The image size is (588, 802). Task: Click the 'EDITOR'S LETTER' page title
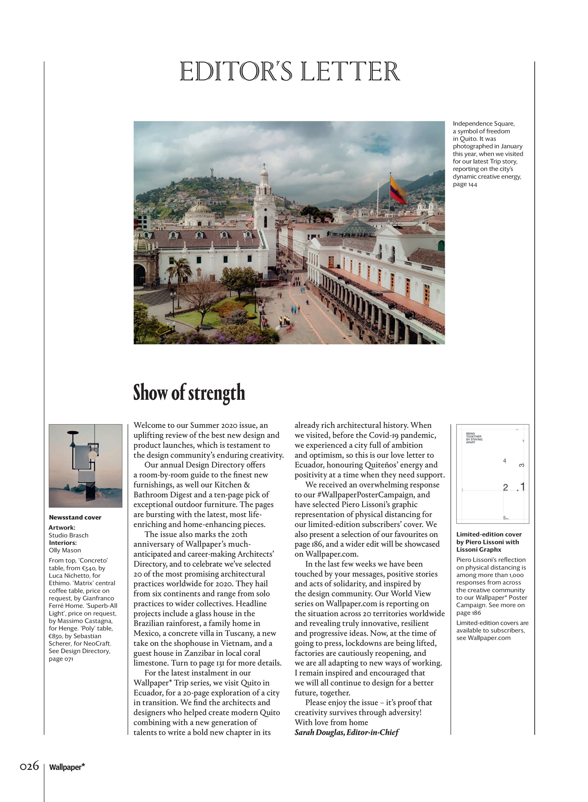(x=290, y=71)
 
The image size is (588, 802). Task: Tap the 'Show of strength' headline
(x=189, y=393)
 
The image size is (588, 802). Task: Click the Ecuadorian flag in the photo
(x=397, y=189)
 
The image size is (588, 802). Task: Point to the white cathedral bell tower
(x=264, y=199)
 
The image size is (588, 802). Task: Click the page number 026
(x=29, y=766)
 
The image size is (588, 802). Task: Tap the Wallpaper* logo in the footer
(x=67, y=767)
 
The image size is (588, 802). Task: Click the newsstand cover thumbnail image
(x=86, y=466)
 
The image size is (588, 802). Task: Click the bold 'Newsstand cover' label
(x=75, y=517)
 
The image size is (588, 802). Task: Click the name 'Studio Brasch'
(x=68, y=535)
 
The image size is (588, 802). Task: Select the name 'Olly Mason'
(x=65, y=550)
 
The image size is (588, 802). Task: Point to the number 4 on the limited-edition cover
(x=504, y=461)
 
